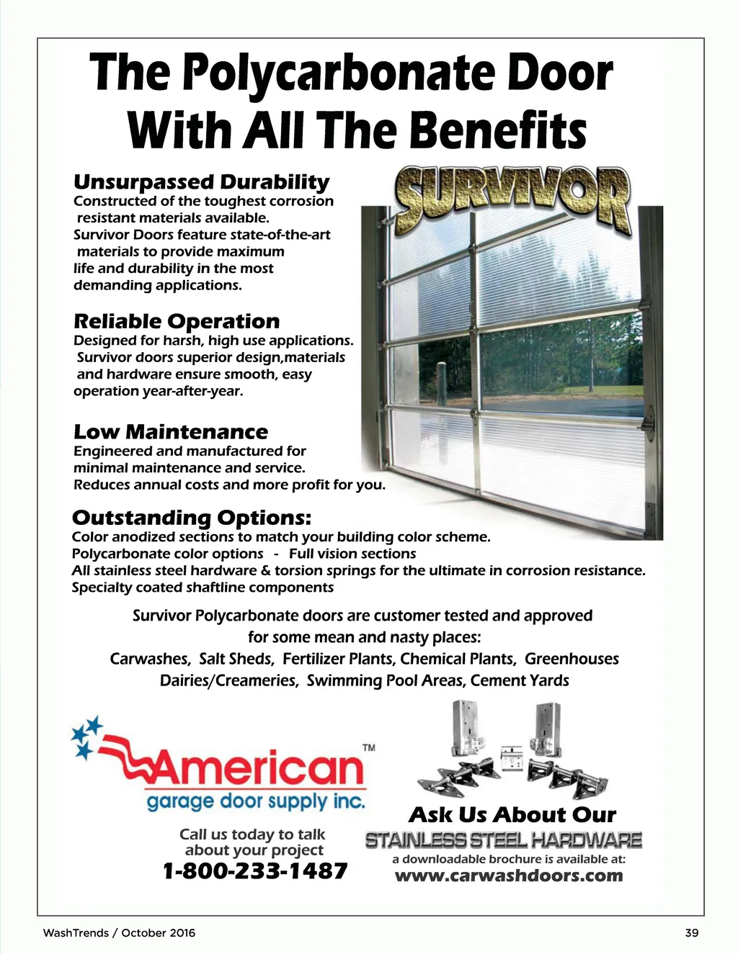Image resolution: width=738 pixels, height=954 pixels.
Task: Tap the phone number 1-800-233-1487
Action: pyautogui.click(x=255, y=871)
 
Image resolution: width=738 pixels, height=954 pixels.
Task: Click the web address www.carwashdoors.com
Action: pyautogui.click(x=509, y=876)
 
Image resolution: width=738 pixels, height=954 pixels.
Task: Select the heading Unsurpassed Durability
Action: pyautogui.click(x=201, y=181)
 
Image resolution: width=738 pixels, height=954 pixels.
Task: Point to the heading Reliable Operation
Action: pyautogui.click(x=177, y=321)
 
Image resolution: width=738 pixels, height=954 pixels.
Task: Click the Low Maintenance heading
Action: pyautogui.click(x=170, y=432)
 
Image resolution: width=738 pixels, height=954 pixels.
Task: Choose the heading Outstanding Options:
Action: pyautogui.click(x=192, y=518)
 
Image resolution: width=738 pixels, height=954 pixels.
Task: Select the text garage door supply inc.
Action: pyautogui.click(x=256, y=801)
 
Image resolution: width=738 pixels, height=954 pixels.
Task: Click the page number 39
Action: pyautogui.click(x=691, y=933)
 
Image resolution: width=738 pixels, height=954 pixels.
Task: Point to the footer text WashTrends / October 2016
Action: pyautogui.click(x=119, y=933)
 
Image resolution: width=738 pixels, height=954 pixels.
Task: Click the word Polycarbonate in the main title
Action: pyautogui.click(x=338, y=74)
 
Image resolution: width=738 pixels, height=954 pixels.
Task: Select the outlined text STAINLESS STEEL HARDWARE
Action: pyautogui.click(x=503, y=840)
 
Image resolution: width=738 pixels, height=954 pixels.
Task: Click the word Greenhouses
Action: pyautogui.click(x=572, y=659)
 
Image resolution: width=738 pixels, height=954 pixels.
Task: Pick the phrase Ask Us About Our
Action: pyautogui.click(x=512, y=815)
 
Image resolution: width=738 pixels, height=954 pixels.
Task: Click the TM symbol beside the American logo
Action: pyautogui.click(x=368, y=748)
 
